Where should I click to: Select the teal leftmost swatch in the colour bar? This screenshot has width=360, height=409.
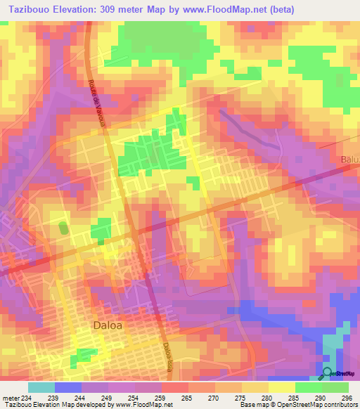pos(41,387)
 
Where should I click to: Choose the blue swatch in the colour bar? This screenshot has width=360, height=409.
pos(68,387)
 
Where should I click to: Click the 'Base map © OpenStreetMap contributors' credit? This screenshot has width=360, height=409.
pos(298,405)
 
